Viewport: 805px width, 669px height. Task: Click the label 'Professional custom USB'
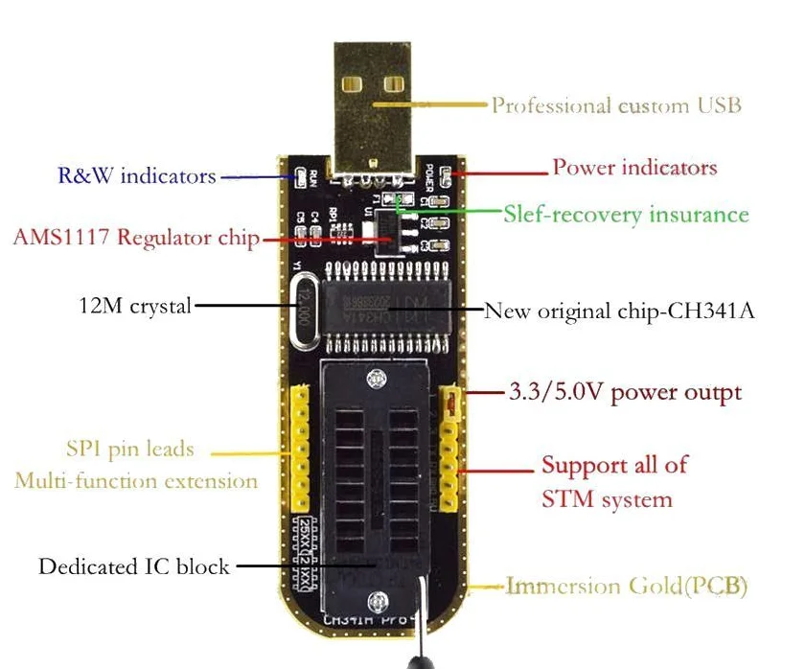click(x=616, y=105)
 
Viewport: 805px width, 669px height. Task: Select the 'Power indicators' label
click(x=634, y=168)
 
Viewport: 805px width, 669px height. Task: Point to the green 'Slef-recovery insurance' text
click(x=626, y=214)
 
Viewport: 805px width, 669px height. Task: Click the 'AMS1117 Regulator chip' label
click(x=136, y=238)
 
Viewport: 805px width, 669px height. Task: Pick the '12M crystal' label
click(x=134, y=306)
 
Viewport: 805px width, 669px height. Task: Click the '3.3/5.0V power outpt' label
click(x=623, y=392)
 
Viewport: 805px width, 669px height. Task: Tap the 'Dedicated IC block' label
click(x=134, y=566)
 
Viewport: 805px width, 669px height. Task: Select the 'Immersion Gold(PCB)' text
click(x=627, y=586)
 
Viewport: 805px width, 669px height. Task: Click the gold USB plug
click(x=373, y=105)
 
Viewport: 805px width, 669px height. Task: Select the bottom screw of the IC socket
click(x=382, y=601)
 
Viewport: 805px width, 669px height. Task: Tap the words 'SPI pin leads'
click(x=130, y=449)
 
